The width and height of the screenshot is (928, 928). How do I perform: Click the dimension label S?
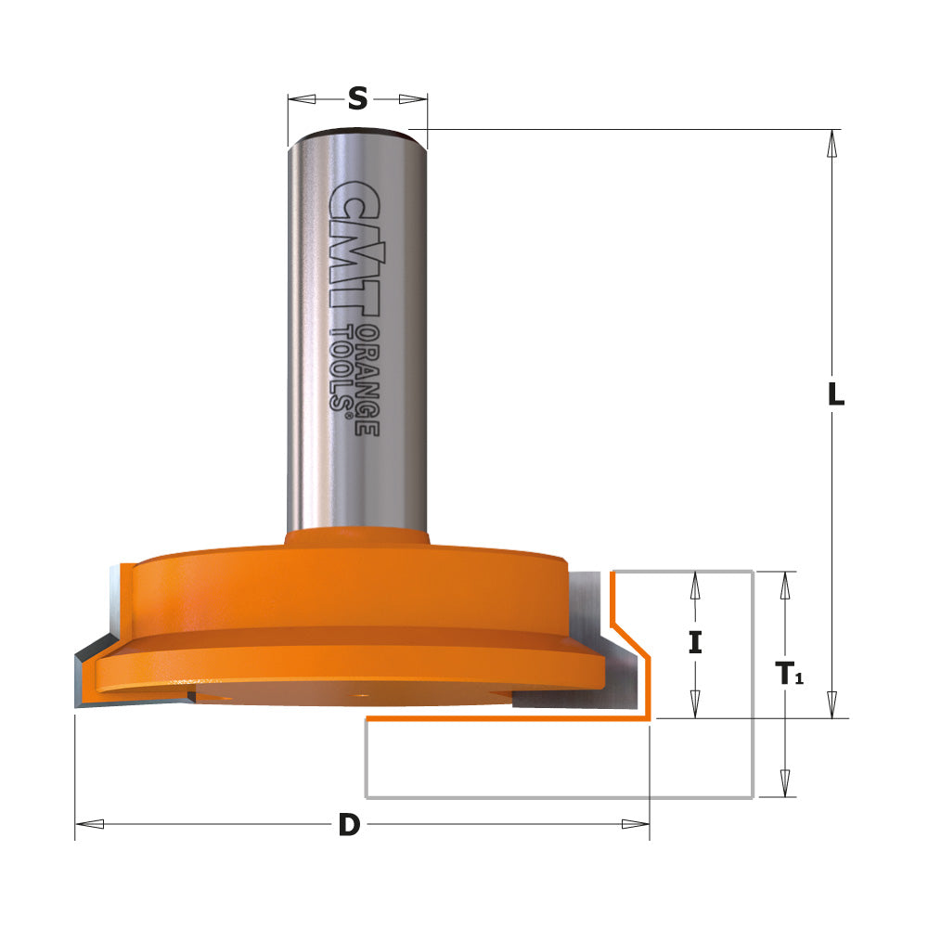(x=357, y=98)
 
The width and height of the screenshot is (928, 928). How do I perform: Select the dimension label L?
(x=835, y=395)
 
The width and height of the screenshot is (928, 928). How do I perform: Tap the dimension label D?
(x=348, y=824)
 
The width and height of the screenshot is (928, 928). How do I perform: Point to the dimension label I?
(x=694, y=642)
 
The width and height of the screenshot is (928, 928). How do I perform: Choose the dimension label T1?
(x=788, y=673)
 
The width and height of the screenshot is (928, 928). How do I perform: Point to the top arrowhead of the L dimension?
(x=832, y=141)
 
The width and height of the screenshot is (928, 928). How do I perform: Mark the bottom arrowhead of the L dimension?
(x=832, y=705)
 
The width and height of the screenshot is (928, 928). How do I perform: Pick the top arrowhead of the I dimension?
(x=694, y=584)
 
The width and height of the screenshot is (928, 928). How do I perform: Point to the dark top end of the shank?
(x=357, y=133)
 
